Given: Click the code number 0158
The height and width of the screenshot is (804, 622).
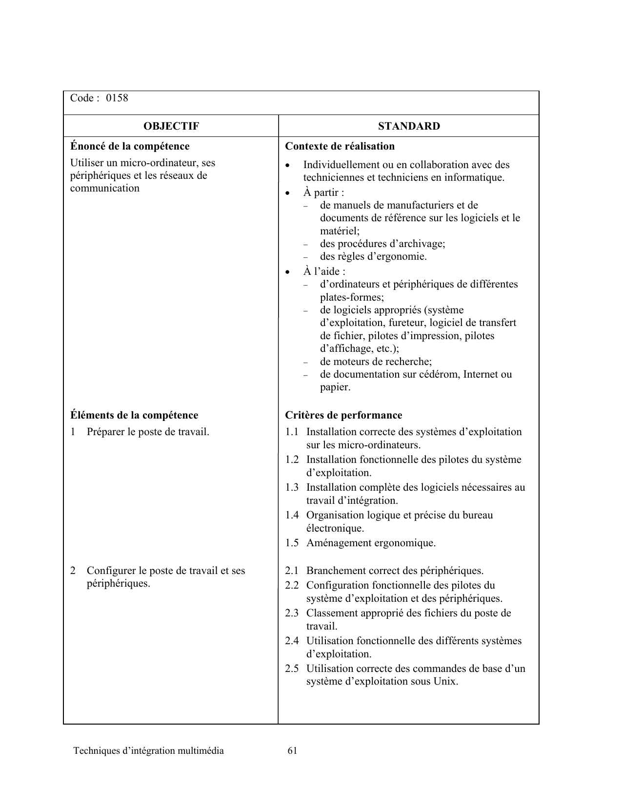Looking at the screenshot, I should (x=117, y=98).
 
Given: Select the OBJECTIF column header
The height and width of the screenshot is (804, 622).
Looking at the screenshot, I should (x=171, y=126).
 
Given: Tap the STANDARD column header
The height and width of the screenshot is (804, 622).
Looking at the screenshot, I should (x=409, y=126).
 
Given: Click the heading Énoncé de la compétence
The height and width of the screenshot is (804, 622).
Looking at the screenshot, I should (x=130, y=146).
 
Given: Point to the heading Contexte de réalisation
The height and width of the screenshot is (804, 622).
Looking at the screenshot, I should (x=340, y=146).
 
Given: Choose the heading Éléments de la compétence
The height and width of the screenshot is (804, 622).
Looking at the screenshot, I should (x=134, y=415).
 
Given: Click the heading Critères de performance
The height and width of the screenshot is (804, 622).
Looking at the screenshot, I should (x=343, y=415).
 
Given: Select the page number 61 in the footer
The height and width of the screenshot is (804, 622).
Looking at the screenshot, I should (x=293, y=750).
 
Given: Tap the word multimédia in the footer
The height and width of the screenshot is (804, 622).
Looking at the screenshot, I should (x=201, y=750).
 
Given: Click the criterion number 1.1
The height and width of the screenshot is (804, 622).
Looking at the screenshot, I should (x=292, y=432).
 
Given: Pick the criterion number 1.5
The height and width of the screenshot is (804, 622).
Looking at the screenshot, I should (x=292, y=543).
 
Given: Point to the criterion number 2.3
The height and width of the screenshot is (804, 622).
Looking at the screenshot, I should (x=292, y=613).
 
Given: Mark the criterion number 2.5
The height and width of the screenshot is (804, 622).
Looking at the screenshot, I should (x=292, y=669).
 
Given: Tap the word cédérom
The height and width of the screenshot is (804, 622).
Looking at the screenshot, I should (x=439, y=374).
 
